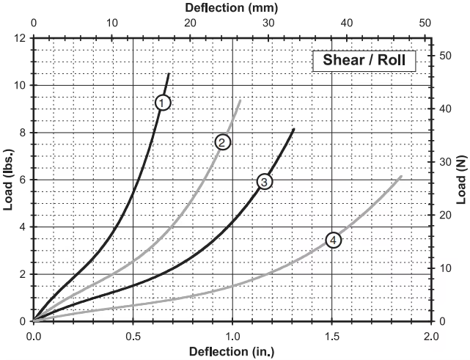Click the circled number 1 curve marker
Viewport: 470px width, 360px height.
[163, 102]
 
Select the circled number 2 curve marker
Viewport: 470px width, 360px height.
[223, 142]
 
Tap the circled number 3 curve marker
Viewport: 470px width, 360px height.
[265, 181]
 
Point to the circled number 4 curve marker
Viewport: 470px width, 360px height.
[333, 240]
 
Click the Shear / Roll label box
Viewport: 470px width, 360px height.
[364, 60]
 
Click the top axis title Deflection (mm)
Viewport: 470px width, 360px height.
[232, 8]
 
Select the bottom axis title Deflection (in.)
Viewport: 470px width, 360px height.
[232, 351]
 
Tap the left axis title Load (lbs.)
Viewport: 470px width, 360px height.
[9, 180]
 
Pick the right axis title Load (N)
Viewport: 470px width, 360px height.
[461, 180]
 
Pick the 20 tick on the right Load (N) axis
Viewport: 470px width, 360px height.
[444, 215]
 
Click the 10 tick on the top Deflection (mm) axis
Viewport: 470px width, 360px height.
[112, 23]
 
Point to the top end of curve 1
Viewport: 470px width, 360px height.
[169, 73]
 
